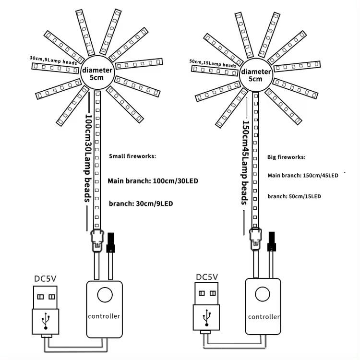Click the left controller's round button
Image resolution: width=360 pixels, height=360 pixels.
click(104, 294)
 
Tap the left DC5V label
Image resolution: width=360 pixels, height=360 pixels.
click(46, 278)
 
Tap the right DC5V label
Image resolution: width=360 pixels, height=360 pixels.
click(207, 277)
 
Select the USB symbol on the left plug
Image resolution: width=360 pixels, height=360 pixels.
click(46, 319)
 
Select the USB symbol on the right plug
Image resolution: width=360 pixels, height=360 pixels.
click(206, 318)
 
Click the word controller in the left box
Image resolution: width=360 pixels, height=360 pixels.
click(104, 316)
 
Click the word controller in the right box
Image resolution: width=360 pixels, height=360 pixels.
click(264, 317)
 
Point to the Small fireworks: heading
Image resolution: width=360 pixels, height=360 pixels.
click(132, 156)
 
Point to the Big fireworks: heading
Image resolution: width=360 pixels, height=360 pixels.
click(286, 157)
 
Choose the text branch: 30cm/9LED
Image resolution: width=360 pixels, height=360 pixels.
click(141, 204)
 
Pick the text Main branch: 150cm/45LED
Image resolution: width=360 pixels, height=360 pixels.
click(303, 176)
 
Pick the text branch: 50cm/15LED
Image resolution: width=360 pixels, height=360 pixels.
click(294, 196)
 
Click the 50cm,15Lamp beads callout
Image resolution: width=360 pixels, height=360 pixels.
click(213, 63)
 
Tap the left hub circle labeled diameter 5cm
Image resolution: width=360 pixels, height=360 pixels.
click(97, 73)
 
